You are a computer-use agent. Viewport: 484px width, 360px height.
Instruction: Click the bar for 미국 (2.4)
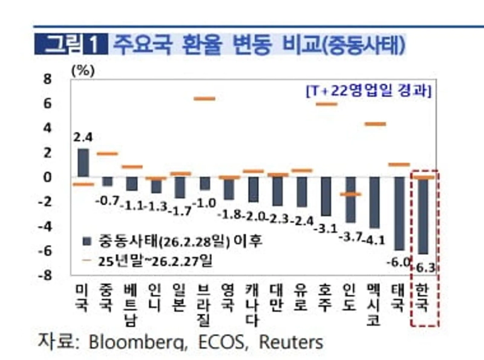coord(83,162)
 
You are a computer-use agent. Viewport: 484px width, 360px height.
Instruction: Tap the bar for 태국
coord(399,214)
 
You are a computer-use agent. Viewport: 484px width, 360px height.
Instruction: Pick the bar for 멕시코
coord(374,202)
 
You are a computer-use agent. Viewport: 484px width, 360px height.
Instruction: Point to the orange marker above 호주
coord(326,104)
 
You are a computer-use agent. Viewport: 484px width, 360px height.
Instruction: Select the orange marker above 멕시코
coord(374,124)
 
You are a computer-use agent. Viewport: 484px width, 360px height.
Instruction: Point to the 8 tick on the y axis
coord(47,79)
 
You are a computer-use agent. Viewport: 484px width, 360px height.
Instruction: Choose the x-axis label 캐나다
coord(253,303)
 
